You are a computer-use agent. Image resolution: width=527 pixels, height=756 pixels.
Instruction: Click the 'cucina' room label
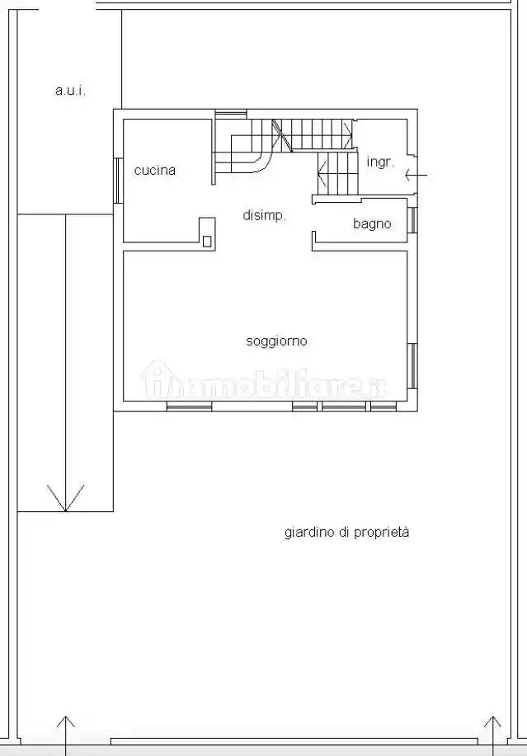[155, 171]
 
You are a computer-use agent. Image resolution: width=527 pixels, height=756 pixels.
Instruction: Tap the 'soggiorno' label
[276, 340]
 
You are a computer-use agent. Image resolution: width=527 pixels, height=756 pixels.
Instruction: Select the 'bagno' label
[372, 223]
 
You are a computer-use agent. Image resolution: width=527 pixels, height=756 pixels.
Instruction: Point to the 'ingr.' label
[380, 162]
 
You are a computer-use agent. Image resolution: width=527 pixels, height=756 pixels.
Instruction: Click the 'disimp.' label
[264, 215]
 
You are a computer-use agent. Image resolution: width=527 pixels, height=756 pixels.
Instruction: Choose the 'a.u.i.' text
[70, 90]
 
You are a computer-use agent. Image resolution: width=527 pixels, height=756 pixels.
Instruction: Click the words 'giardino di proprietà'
[346, 532]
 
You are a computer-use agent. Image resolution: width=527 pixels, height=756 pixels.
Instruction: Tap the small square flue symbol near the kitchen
[207, 241]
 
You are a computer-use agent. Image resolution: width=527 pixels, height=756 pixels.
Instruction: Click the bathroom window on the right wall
[412, 220]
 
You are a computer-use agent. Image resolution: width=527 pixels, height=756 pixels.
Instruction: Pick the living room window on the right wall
[412, 366]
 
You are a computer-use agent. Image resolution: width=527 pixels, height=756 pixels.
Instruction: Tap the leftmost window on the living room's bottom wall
[189, 406]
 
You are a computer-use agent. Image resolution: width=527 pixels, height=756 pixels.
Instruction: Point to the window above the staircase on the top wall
[231, 113]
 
